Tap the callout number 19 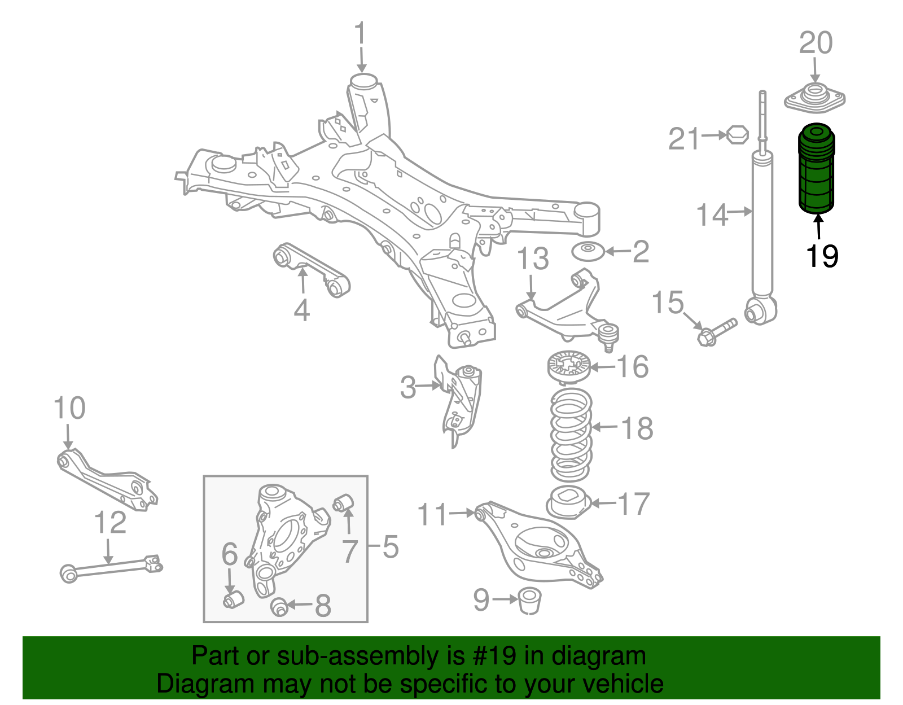pyautogui.click(x=822, y=257)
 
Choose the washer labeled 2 pyautogui.click(x=588, y=251)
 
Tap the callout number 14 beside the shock pyautogui.click(x=712, y=216)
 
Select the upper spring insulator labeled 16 pyautogui.click(x=568, y=367)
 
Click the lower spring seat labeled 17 pyautogui.click(x=568, y=502)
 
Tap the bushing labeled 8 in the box pyautogui.click(x=280, y=607)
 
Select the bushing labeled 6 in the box pyautogui.click(x=233, y=599)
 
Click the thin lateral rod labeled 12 pyautogui.click(x=110, y=567)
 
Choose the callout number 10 pyautogui.click(x=69, y=408)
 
